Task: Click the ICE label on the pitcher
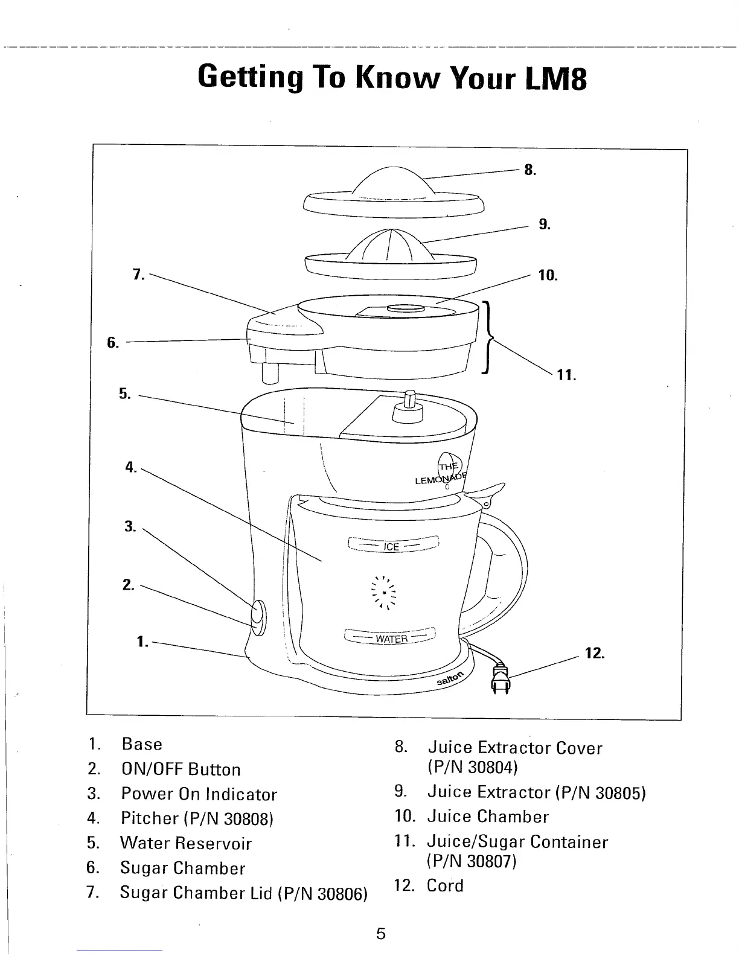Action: click(391, 547)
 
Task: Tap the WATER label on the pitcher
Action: click(392, 639)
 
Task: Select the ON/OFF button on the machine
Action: click(258, 617)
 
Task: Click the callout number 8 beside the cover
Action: click(529, 170)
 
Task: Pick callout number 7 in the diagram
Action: click(138, 275)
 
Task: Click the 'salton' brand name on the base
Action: click(452, 678)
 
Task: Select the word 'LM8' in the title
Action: click(552, 79)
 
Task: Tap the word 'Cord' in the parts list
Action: click(445, 885)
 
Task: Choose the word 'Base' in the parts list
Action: click(142, 744)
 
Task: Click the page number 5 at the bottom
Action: click(380, 934)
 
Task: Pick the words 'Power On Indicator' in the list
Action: click(199, 794)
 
